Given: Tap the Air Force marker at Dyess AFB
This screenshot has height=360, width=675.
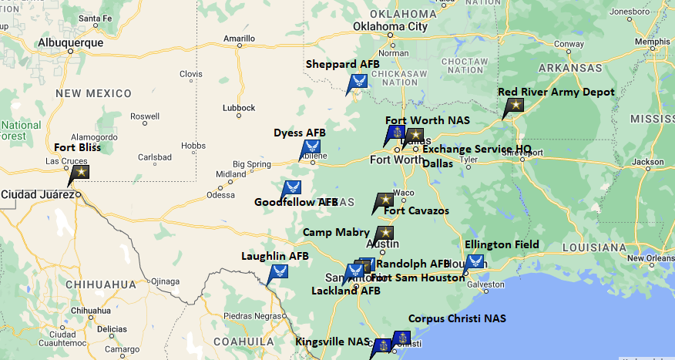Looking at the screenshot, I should (311, 147).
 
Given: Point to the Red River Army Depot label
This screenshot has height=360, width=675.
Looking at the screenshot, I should (556, 92).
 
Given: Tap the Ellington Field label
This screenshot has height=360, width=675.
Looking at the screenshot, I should (502, 244).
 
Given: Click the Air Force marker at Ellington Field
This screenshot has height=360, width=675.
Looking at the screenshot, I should (475, 261).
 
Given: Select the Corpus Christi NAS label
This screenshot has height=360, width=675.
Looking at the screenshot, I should (457, 318).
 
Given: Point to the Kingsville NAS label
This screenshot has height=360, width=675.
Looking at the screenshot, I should (332, 341).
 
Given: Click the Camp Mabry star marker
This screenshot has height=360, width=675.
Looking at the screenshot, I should (385, 233).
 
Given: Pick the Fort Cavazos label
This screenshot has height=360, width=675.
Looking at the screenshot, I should (416, 211).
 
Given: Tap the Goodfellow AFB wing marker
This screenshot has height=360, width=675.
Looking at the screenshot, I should (291, 187).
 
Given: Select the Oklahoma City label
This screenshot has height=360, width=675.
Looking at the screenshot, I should (390, 27).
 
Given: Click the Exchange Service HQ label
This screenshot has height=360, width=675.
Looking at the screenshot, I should (476, 149).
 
